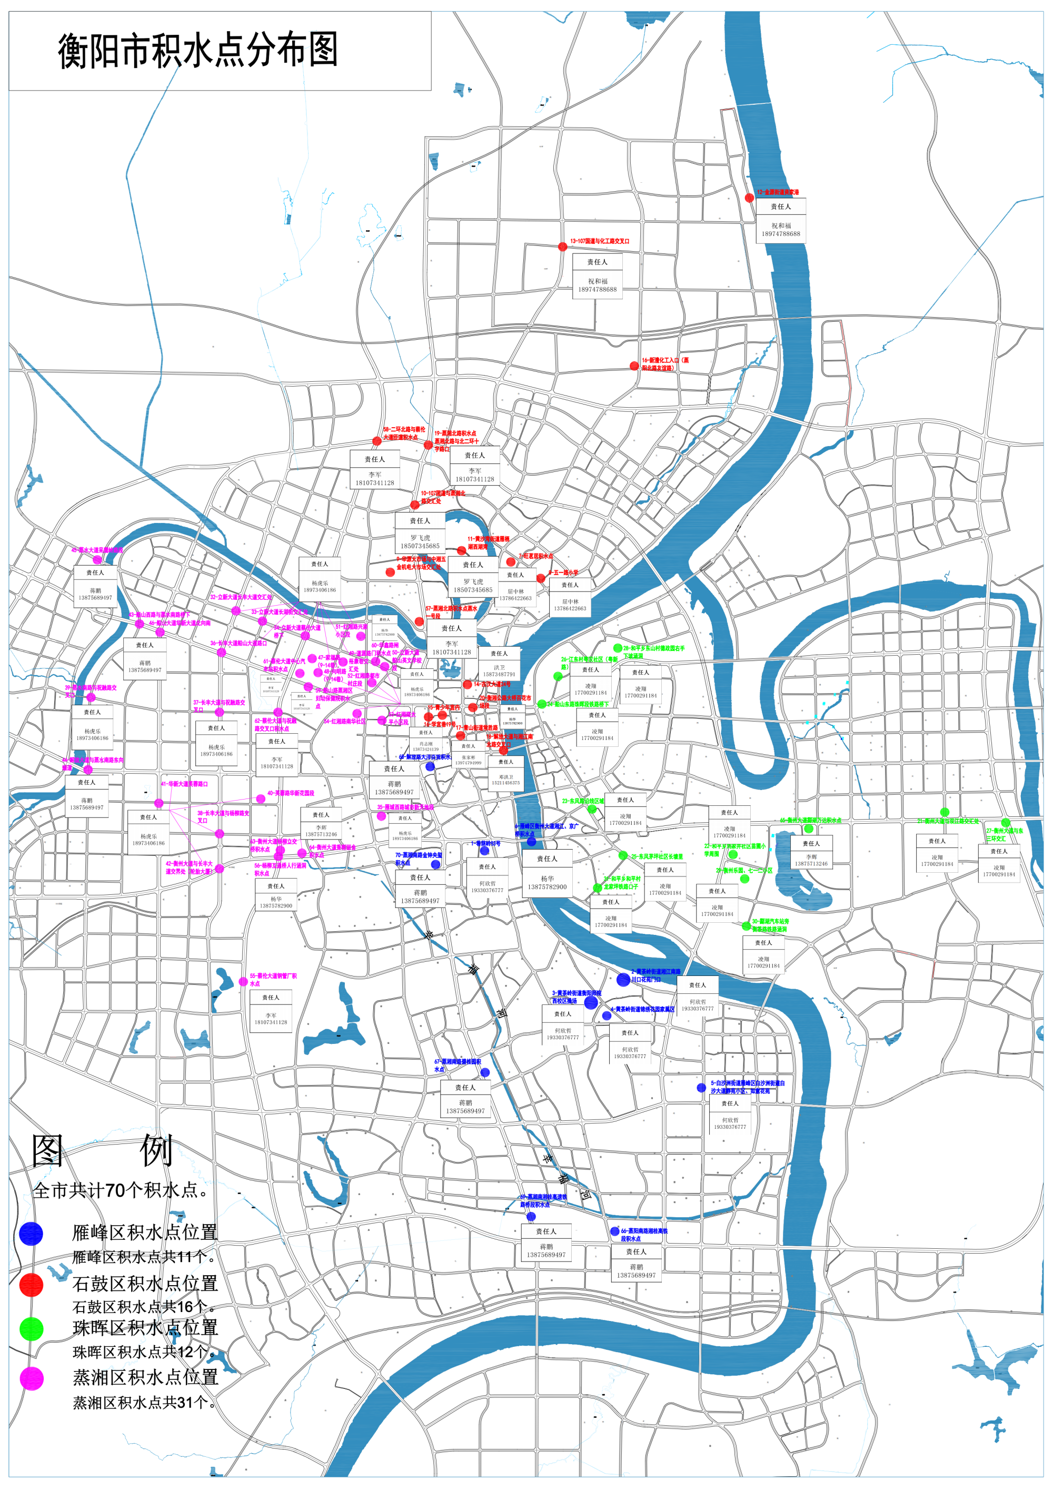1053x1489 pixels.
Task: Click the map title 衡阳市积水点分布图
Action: pyautogui.click(x=198, y=51)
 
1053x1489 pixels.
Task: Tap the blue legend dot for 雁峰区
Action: pyautogui.click(x=31, y=1234)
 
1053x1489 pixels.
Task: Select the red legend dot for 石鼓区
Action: pyautogui.click(x=31, y=1284)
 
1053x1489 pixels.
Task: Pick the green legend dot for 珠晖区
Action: pyautogui.click(x=31, y=1329)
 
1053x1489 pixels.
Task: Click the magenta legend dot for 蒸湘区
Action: pyautogui.click(x=31, y=1378)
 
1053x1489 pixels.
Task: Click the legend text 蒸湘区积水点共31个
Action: pyautogui.click(x=143, y=1403)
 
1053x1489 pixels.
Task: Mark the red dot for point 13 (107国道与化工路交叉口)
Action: pyautogui.click(x=563, y=246)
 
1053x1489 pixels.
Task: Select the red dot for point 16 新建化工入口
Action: pyautogui.click(x=634, y=366)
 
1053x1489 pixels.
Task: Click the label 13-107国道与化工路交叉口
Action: pyautogui.click(x=600, y=241)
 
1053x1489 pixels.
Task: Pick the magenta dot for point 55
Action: pyautogui.click(x=243, y=982)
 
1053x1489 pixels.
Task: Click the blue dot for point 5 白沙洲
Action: pyautogui.click(x=701, y=1088)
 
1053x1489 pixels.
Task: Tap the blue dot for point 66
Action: pyautogui.click(x=614, y=1231)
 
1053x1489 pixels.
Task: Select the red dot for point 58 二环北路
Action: pyautogui.click(x=377, y=441)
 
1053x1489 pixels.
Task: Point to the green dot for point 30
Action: pyautogui.click(x=746, y=926)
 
